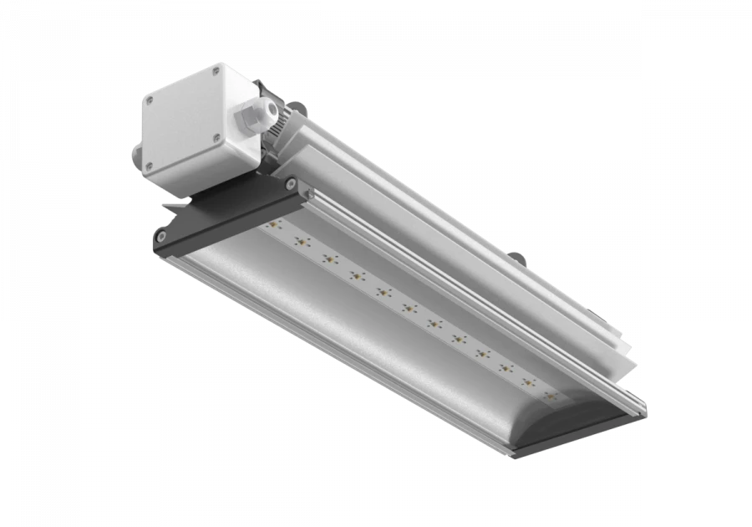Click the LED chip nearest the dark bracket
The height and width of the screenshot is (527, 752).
[272, 227]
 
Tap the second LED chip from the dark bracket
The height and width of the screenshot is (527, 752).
[299, 243]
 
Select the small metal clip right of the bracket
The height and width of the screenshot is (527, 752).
[312, 194]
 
